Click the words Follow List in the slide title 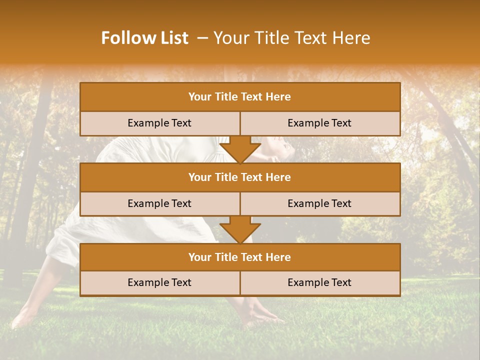tap(144, 38)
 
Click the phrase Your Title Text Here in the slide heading tap(292, 38)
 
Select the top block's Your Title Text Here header tap(239, 97)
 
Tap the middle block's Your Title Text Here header tap(239, 177)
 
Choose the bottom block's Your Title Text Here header tap(239, 257)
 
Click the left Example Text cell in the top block tap(159, 123)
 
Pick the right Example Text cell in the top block tap(319, 123)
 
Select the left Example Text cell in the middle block tap(159, 203)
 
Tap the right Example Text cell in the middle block tap(319, 203)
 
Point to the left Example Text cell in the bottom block tap(159, 282)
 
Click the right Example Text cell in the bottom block tap(319, 282)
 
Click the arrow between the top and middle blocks tap(240, 150)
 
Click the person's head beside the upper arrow tap(277, 147)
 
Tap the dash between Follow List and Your tap(202, 38)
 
